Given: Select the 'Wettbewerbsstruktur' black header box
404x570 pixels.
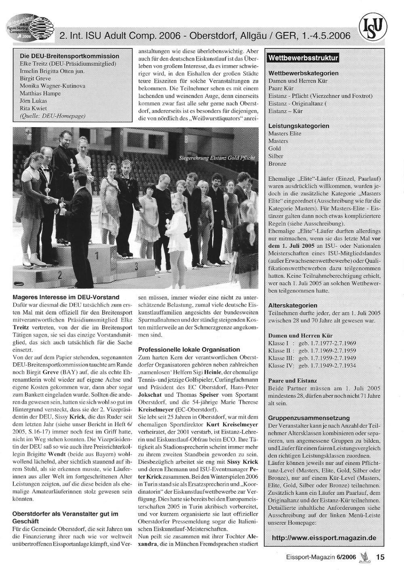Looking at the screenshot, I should [303, 58].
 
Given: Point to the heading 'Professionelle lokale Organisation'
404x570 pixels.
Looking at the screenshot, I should [189, 349].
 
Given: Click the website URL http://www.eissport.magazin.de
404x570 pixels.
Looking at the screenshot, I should [324, 538].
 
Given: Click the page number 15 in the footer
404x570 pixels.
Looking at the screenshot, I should [380, 557].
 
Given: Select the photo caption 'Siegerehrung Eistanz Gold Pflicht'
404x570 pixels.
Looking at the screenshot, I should [217, 158].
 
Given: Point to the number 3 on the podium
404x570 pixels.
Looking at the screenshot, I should [137, 266].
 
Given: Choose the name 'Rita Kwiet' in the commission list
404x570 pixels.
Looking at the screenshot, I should [33, 108].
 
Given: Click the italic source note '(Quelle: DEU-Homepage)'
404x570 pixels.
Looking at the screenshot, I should [53, 116].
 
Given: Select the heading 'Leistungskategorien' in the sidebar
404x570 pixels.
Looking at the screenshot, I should [299, 126].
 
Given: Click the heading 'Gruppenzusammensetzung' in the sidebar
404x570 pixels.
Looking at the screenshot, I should [309, 418].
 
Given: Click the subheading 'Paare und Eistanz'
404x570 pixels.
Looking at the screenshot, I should [293, 380].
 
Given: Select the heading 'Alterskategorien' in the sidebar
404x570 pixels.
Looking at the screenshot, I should [293, 305].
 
